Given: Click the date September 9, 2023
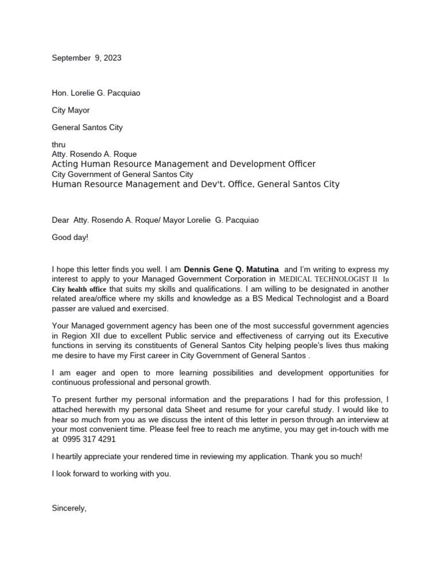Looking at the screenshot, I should click(x=87, y=58).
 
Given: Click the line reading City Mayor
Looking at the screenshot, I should click(x=71, y=110).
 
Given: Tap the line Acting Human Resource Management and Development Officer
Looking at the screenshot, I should click(x=184, y=164).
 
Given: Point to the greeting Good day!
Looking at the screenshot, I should click(x=71, y=237).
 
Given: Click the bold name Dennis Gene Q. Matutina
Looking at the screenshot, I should click(x=231, y=269).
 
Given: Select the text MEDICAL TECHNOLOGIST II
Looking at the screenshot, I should click(x=331, y=279).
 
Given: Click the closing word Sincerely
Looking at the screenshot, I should click(x=69, y=508).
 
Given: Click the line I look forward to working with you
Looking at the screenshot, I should click(x=111, y=474).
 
